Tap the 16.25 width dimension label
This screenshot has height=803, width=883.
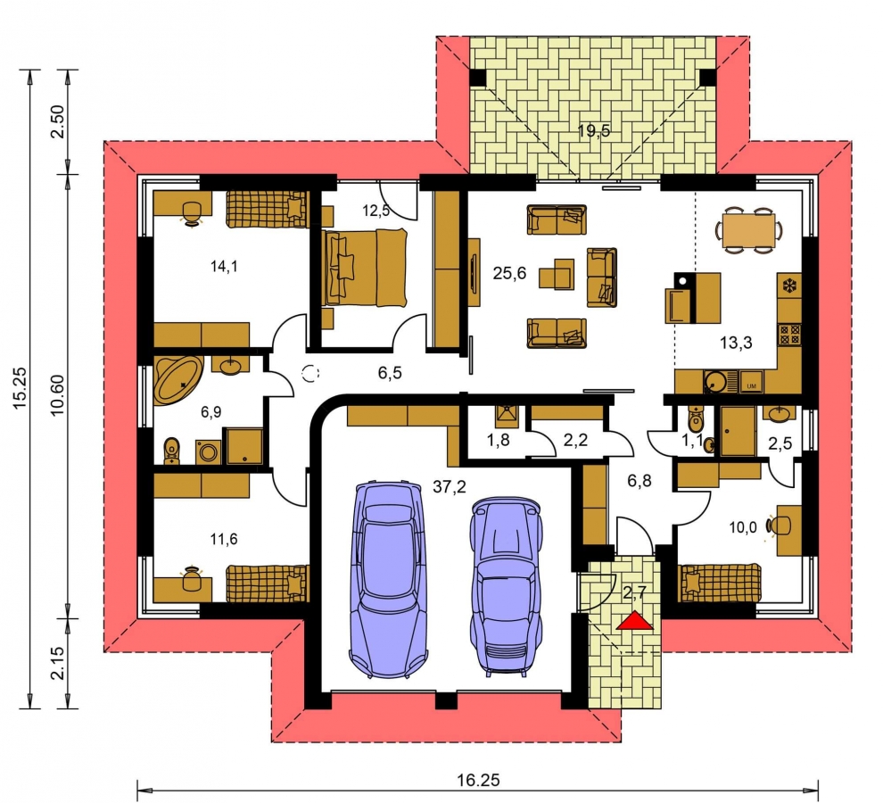tap(477, 780)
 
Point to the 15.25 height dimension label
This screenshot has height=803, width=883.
tap(20, 388)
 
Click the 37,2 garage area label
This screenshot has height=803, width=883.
tap(449, 486)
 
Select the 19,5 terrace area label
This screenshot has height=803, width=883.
tap(593, 131)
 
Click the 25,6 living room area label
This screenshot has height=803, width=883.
tap(509, 273)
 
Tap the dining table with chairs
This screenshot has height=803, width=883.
tap(749, 230)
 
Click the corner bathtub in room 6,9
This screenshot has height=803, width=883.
tap(177, 379)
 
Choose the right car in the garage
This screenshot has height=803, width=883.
tap(507, 586)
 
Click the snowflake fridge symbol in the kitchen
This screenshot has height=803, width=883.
tap(789, 286)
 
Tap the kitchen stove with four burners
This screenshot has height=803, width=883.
tap(789, 335)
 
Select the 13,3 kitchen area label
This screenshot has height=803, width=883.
tap(736, 342)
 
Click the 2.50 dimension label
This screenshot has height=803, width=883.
tap(58, 121)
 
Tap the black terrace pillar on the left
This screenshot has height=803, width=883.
tap(478, 77)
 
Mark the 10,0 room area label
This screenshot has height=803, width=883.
tap(743, 527)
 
